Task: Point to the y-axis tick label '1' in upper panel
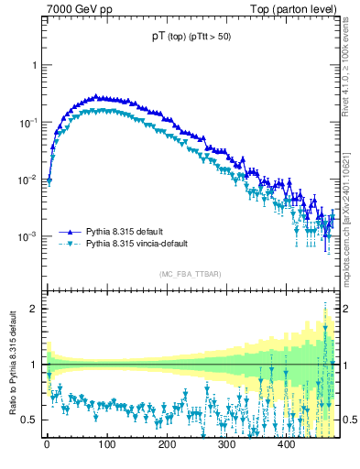[34, 66]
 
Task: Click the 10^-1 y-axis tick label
[29, 122]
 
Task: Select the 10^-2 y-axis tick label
[29, 179]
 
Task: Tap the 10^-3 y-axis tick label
[29, 235]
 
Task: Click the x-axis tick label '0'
[47, 443]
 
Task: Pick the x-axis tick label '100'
[106, 443]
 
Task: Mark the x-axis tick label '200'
[166, 443]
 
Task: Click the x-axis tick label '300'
[226, 443]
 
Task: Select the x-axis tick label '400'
[286, 443]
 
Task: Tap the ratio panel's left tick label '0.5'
[30, 420]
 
